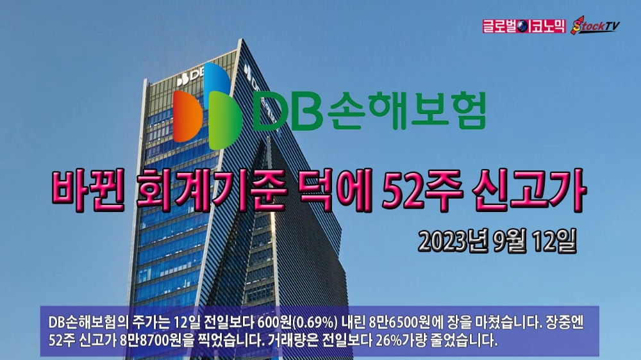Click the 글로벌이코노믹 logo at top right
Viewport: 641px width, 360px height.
524,26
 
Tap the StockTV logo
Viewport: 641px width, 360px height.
595,26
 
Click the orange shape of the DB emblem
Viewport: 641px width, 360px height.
188,117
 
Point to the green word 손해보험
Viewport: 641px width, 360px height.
407,111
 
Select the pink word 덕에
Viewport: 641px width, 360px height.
335,190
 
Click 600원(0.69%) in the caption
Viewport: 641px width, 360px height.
297,322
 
